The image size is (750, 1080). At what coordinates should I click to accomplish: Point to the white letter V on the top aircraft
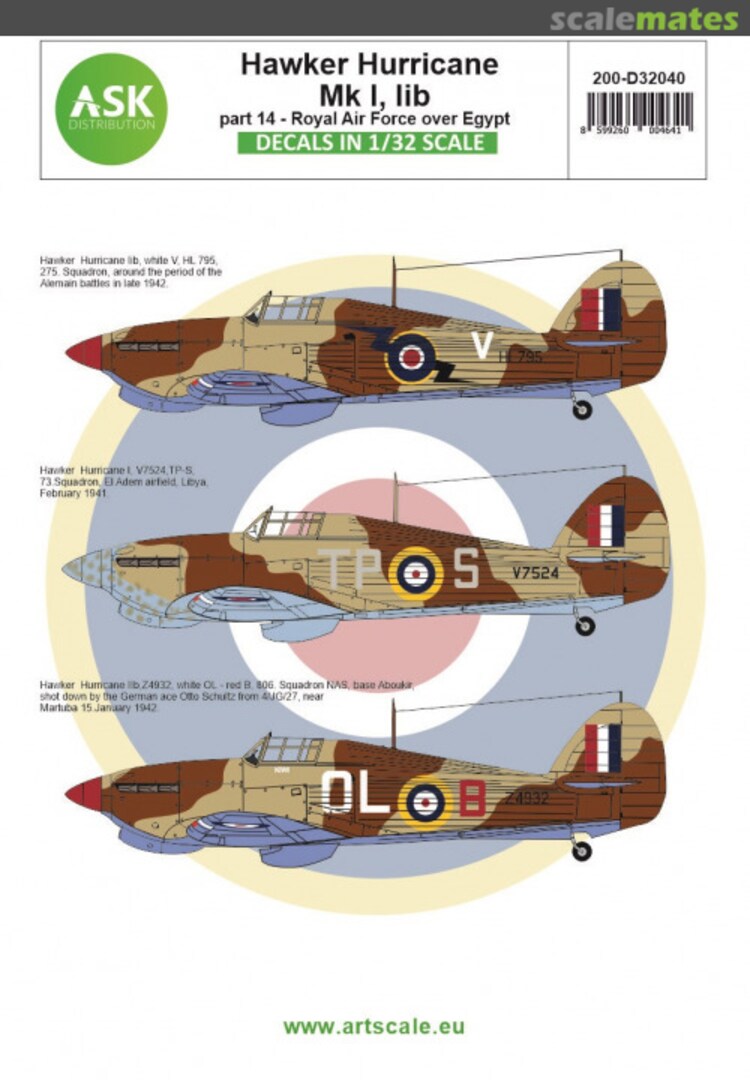coord(482,346)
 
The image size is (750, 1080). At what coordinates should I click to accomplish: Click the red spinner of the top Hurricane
coord(84,351)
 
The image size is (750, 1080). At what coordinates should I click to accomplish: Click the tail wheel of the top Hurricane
coord(582,409)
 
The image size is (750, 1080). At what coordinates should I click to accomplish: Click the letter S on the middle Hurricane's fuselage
coord(466,570)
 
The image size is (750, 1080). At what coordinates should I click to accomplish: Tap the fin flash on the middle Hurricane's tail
coord(605,525)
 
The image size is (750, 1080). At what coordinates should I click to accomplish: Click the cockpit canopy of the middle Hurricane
coord(287,523)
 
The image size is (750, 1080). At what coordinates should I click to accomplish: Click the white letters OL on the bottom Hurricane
coord(357,796)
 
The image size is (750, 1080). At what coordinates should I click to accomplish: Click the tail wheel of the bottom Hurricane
coord(582,850)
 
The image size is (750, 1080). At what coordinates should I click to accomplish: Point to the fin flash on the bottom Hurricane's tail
coord(603,748)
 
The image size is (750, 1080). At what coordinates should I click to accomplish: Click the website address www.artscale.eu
coord(374,1026)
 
